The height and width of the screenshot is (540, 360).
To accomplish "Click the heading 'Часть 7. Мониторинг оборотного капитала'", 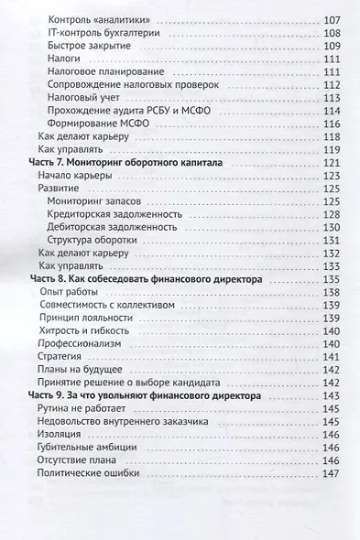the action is [x=127, y=160].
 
